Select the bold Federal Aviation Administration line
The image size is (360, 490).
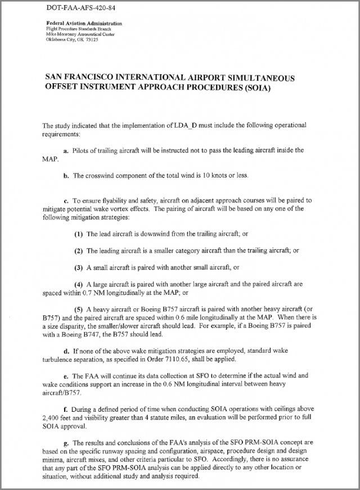(x=84, y=24)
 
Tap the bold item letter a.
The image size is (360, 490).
(x=65, y=150)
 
